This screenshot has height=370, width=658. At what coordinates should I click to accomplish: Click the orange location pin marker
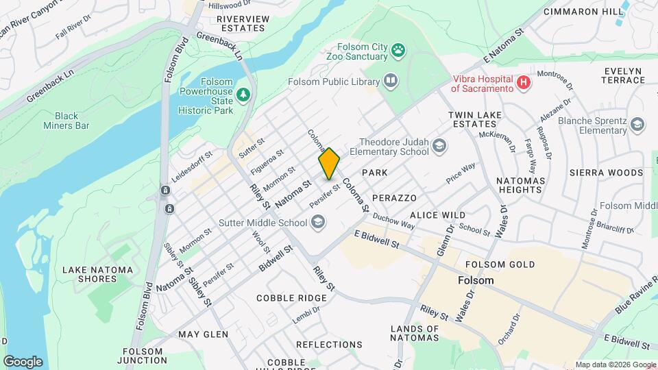(329, 163)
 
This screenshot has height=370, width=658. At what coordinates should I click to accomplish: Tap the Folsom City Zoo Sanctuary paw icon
(398, 49)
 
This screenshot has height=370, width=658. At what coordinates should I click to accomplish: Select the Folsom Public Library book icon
(390, 82)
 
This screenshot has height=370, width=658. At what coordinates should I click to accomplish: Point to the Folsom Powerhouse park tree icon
(241, 93)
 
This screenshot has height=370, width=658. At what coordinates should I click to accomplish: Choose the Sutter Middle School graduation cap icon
(317, 221)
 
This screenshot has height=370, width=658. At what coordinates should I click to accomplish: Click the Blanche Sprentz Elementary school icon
(637, 124)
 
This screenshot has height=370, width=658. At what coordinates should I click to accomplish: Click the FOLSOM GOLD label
(500, 264)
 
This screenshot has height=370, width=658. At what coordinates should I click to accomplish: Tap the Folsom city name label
(475, 281)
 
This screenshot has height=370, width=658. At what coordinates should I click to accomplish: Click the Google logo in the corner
(23, 361)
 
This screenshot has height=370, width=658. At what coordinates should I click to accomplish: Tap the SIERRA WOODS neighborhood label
(601, 173)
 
